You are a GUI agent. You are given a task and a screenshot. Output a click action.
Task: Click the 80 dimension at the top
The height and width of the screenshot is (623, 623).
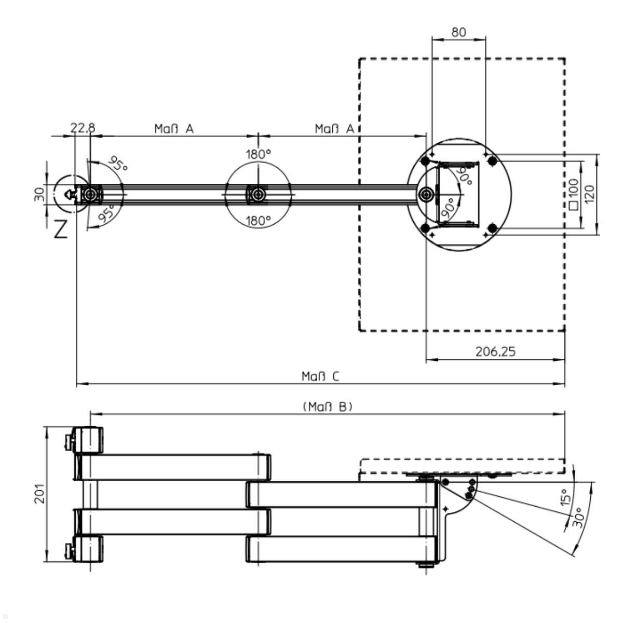pyautogui.click(x=458, y=32)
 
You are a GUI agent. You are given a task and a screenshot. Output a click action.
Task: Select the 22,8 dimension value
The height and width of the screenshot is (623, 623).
pyautogui.click(x=83, y=128)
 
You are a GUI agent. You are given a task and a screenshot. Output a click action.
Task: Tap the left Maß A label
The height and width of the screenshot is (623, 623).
pyautogui.click(x=174, y=128)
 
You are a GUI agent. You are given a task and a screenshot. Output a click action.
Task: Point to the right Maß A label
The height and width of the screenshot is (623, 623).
pyautogui.click(x=334, y=128)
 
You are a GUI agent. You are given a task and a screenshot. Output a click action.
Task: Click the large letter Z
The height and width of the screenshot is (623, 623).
pyautogui.click(x=61, y=229)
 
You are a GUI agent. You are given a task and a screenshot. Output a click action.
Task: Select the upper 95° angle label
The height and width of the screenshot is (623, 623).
pyautogui.click(x=118, y=166)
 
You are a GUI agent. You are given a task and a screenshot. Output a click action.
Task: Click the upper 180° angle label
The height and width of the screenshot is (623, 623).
pyautogui.click(x=258, y=154)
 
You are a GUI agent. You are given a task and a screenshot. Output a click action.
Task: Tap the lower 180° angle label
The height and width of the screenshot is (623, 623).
pyautogui.click(x=258, y=221)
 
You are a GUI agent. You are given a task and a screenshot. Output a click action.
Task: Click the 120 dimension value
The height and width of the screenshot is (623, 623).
pyautogui.click(x=590, y=194)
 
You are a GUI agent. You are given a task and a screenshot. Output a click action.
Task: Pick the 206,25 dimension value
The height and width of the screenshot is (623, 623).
pyautogui.click(x=495, y=351)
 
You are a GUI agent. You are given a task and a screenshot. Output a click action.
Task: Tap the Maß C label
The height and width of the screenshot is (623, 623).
pyautogui.click(x=320, y=376)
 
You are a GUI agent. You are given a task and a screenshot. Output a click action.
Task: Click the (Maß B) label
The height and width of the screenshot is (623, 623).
pyautogui.click(x=327, y=407)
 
